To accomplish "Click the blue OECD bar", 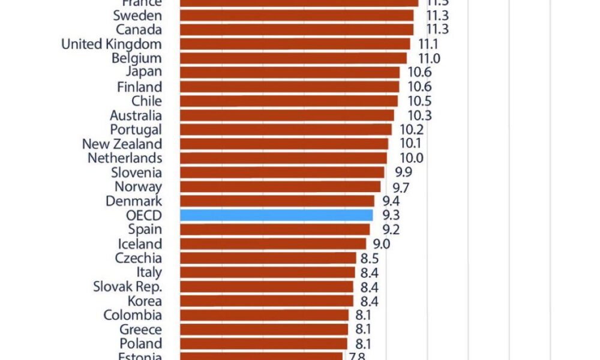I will (x=276, y=215).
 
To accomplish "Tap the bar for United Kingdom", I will (x=295, y=44).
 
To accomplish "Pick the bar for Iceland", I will (x=273, y=244).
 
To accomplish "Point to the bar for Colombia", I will (x=264, y=315).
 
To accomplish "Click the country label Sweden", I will (x=137, y=16).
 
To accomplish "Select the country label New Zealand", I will (x=122, y=144).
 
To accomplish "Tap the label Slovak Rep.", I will (x=127, y=287).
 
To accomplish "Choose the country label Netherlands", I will (x=125, y=158).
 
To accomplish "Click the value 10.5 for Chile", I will (x=419, y=101).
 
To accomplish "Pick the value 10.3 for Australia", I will (x=419, y=115).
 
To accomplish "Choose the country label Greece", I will (x=140, y=329).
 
